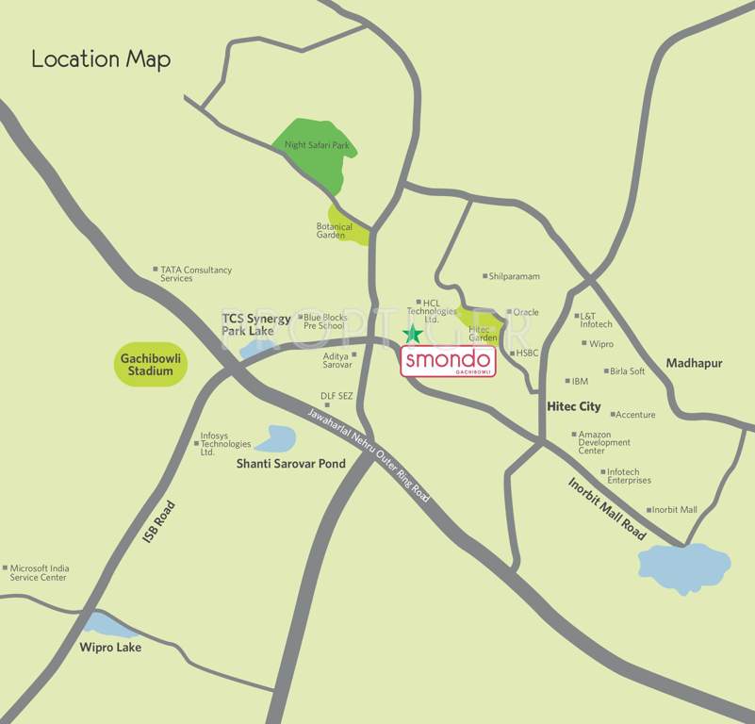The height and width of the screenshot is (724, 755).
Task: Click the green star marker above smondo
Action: [x=412, y=334]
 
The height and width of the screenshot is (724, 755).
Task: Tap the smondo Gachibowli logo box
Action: [x=449, y=362]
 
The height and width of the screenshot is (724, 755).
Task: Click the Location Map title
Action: [x=101, y=58]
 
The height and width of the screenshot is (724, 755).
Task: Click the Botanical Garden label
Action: [x=335, y=231]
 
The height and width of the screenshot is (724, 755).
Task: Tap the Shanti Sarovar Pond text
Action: [x=290, y=464]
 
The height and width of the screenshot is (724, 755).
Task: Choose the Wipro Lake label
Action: [x=110, y=647]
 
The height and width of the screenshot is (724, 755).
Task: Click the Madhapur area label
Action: [x=699, y=363]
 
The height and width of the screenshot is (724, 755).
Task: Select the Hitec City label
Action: [x=574, y=406]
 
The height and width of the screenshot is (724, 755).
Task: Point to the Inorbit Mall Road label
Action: [x=607, y=508]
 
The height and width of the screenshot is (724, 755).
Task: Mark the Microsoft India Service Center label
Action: [x=39, y=572]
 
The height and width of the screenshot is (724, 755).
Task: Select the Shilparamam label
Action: [x=515, y=276]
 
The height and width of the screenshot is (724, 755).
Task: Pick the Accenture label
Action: [x=634, y=415]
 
